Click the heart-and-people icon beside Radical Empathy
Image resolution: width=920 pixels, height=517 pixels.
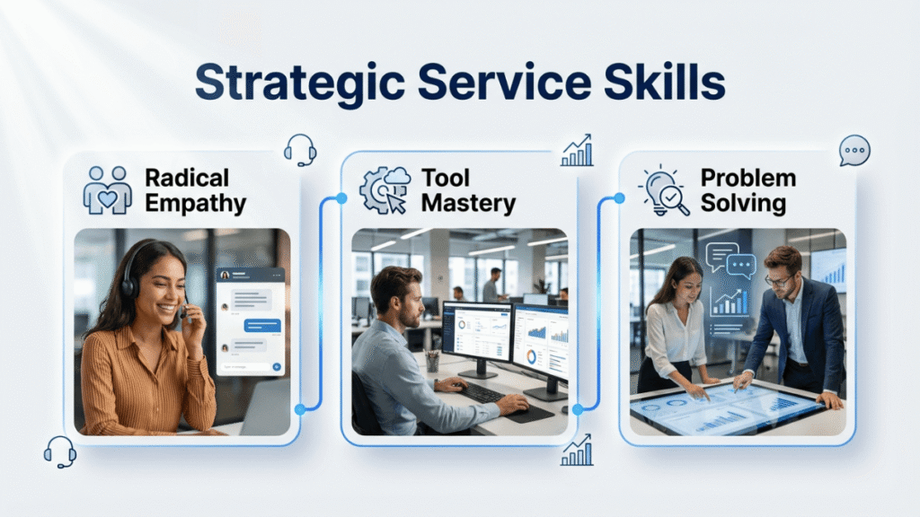[x=107, y=189]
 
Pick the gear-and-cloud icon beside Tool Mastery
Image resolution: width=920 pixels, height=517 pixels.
[x=385, y=189]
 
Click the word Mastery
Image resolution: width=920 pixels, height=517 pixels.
[x=468, y=203]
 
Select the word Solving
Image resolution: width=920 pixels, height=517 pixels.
[x=744, y=203]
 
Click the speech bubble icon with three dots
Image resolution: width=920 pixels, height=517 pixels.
[x=854, y=150]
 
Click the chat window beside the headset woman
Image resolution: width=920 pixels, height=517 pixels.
[x=251, y=320]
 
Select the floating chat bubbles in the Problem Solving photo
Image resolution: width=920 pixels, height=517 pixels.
[x=730, y=260]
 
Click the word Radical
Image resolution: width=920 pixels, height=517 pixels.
[x=187, y=178]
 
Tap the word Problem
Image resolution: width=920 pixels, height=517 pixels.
[x=747, y=178]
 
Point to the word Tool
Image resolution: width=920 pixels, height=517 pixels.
[x=447, y=178]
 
